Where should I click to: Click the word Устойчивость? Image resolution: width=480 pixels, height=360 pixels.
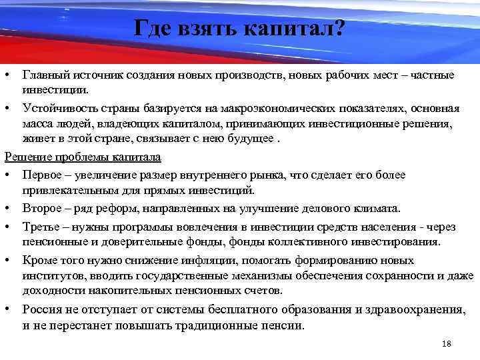pos(56,108)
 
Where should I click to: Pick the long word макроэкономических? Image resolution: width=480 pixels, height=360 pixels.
pos(260,108)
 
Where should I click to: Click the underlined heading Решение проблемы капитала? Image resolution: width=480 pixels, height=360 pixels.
pos(83,157)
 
